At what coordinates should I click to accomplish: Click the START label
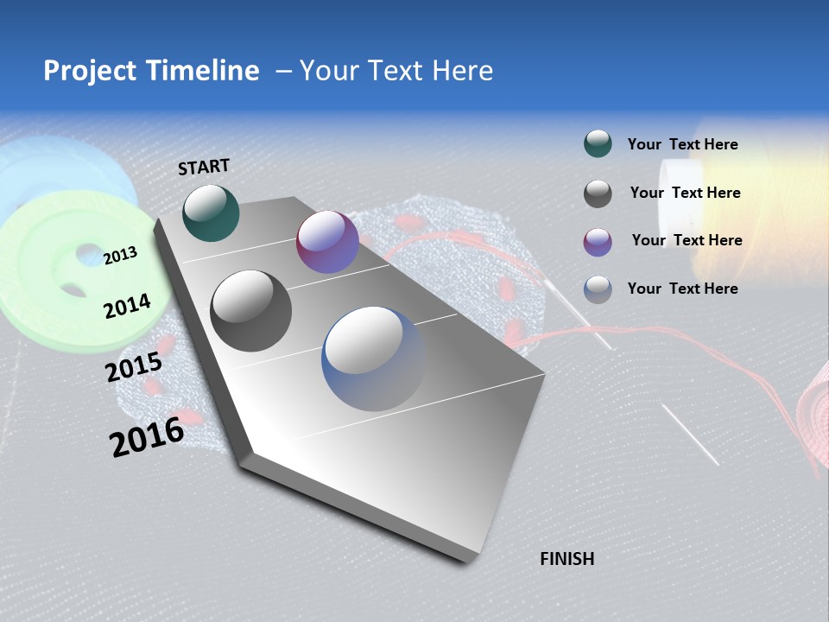coord(204,167)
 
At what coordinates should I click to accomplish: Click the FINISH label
coord(567,559)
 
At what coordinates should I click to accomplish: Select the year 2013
coord(121,255)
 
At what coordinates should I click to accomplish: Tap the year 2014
coord(127,306)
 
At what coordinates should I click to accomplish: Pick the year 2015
coord(134,367)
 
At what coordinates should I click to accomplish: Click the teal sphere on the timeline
coord(211,213)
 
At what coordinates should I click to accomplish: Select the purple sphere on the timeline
coord(327,242)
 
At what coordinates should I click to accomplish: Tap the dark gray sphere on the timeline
coord(251,311)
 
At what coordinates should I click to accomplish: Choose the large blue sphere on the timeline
coord(374,359)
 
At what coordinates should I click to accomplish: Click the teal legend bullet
coord(598,144)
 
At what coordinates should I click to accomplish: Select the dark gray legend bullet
coord(598,193)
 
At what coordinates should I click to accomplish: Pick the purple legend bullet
coord(598,241)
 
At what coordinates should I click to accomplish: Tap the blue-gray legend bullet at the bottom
coord(598,289)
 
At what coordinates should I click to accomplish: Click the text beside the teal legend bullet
coord(682,144)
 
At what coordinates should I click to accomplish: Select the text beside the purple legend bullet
coord(687,240)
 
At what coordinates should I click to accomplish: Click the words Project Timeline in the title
coord(151,71)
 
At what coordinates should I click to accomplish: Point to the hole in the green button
coord(88,256)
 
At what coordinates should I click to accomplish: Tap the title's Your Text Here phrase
coord(396,71)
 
